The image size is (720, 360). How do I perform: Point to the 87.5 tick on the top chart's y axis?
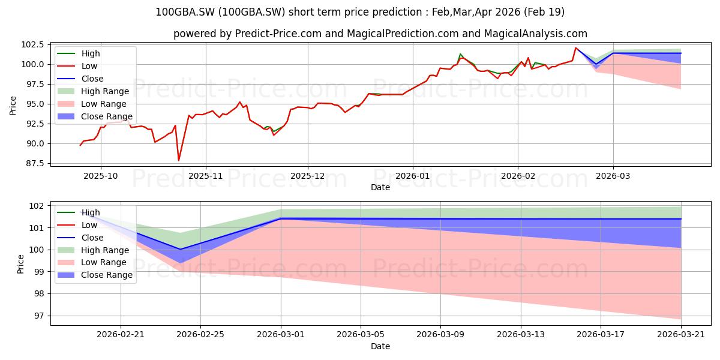(34, 163)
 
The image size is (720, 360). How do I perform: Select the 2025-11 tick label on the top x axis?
(206, 176)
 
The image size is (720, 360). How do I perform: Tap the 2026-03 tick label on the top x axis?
(613, 176)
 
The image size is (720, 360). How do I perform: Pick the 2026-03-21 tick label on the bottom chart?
(681, 335)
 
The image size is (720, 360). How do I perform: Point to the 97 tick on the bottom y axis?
(40, 316)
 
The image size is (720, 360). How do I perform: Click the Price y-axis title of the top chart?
(13, 104)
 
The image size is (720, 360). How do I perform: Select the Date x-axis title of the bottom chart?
(380, 346)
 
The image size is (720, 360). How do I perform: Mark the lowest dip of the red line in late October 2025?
(179, 160)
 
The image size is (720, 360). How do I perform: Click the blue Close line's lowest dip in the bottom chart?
(180, 249)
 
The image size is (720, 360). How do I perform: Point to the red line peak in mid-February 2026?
(575, 48)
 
